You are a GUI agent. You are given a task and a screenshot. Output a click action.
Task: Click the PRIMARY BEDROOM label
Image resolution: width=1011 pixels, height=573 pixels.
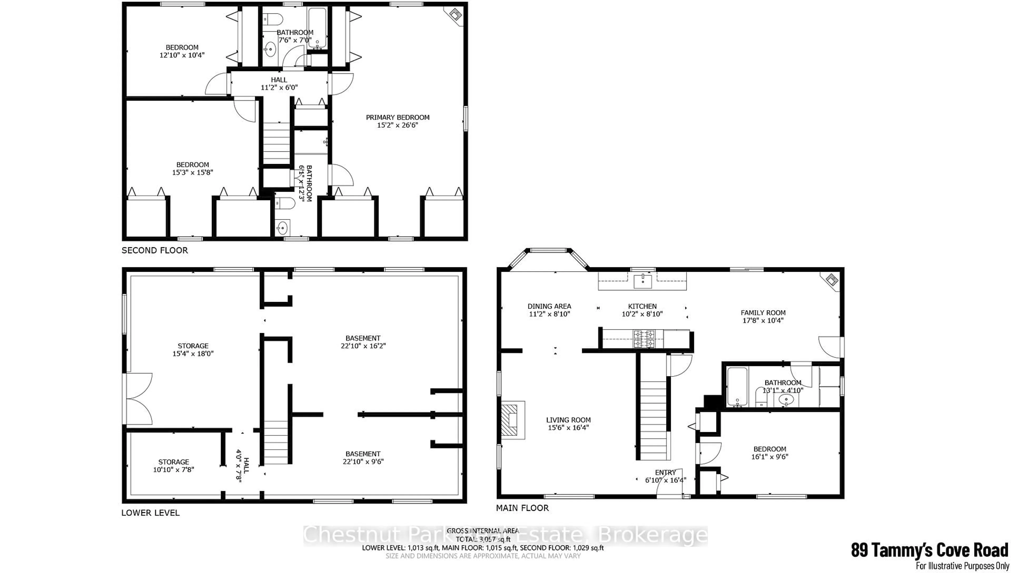397,117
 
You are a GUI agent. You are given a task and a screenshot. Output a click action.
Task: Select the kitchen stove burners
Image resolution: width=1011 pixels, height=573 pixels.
643,339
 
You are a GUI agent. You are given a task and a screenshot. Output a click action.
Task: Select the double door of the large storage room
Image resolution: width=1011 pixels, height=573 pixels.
138,399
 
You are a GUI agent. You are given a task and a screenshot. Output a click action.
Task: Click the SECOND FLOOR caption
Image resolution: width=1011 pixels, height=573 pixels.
155,250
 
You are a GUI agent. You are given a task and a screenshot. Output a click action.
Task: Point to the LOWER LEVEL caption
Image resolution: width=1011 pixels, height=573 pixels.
150,513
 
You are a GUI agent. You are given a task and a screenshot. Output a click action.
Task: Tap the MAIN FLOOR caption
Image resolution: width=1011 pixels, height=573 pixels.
522,508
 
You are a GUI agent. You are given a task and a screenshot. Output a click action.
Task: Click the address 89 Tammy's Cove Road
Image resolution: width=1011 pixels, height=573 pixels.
930,550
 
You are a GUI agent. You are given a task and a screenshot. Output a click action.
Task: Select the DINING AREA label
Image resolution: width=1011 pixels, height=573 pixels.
549,306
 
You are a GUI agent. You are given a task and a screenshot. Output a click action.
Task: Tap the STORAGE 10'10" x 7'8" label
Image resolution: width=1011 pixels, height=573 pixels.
174,466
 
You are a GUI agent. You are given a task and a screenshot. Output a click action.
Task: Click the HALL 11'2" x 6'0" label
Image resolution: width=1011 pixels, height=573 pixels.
279,84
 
